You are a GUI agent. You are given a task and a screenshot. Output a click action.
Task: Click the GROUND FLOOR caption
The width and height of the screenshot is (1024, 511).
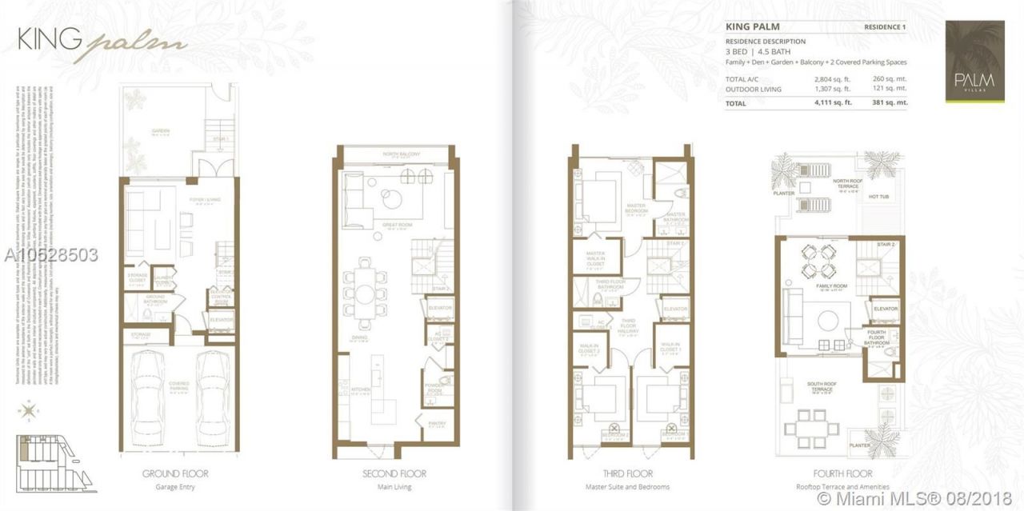[180, 473]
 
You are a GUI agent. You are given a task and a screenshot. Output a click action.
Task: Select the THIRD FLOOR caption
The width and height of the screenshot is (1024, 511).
[626, 473]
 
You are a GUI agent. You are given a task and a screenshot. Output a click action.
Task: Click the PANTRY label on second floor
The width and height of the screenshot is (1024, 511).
[437, 425]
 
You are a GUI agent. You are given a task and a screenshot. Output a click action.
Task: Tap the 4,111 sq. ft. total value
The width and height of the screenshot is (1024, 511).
[832, 103]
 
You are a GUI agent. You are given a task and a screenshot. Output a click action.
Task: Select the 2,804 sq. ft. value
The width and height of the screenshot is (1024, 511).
[832, 79]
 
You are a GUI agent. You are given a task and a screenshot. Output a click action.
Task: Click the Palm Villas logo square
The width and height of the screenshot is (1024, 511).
[974, 62]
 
